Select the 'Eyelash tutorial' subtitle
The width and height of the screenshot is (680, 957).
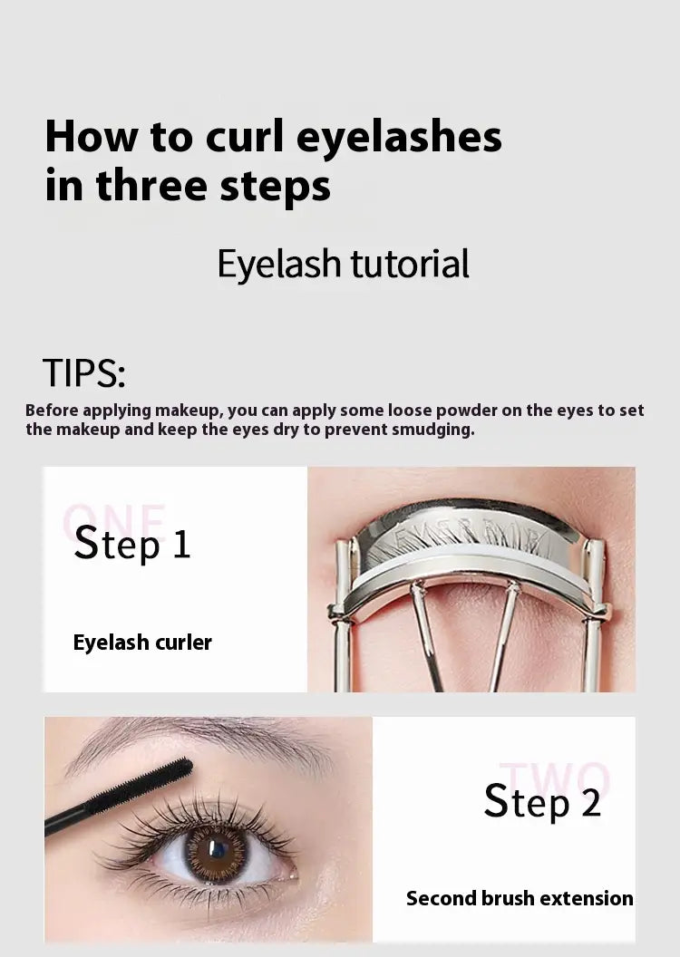tap(343, 264)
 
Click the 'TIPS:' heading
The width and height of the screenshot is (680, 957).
tap(83, 373)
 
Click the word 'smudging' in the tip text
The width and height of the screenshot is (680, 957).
tap(432, 430)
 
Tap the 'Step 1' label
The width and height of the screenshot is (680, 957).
tap(132, 544)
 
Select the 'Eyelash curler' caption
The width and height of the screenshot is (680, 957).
tap(142, 643)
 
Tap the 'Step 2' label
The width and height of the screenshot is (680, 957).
tap(542, 802)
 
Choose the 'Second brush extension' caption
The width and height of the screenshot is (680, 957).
tap(520, 899)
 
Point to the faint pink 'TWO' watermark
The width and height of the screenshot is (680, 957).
tap(555, 779)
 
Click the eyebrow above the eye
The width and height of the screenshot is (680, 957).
tap(209, 742)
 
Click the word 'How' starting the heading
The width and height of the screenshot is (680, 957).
tap(88, 138)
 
